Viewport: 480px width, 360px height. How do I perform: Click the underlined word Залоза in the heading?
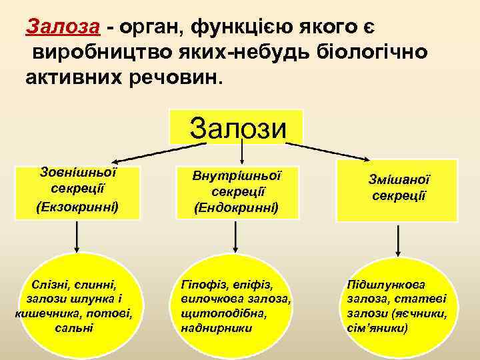[63, 27]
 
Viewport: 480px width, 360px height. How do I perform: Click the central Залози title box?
[237, 127]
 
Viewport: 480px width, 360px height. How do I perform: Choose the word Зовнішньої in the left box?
[79, 172]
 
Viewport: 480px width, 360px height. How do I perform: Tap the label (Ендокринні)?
[237, 209]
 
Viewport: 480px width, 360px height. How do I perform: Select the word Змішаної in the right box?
[399, 179]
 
